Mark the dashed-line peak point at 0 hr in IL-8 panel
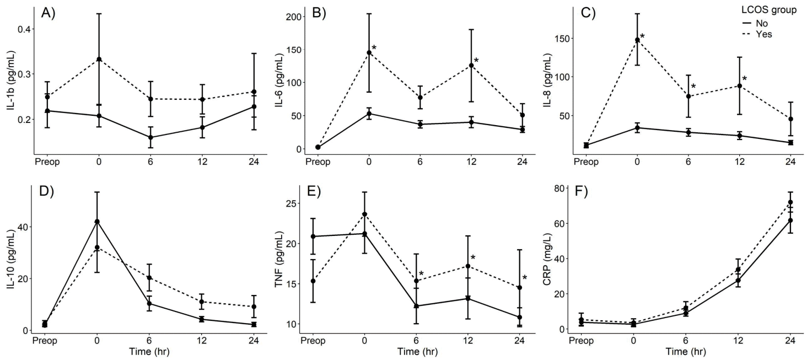637,40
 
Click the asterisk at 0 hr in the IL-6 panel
374,48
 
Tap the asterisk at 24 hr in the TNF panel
525,278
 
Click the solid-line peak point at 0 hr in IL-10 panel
97,222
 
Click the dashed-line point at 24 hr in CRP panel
790,202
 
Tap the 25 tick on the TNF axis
294,203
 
